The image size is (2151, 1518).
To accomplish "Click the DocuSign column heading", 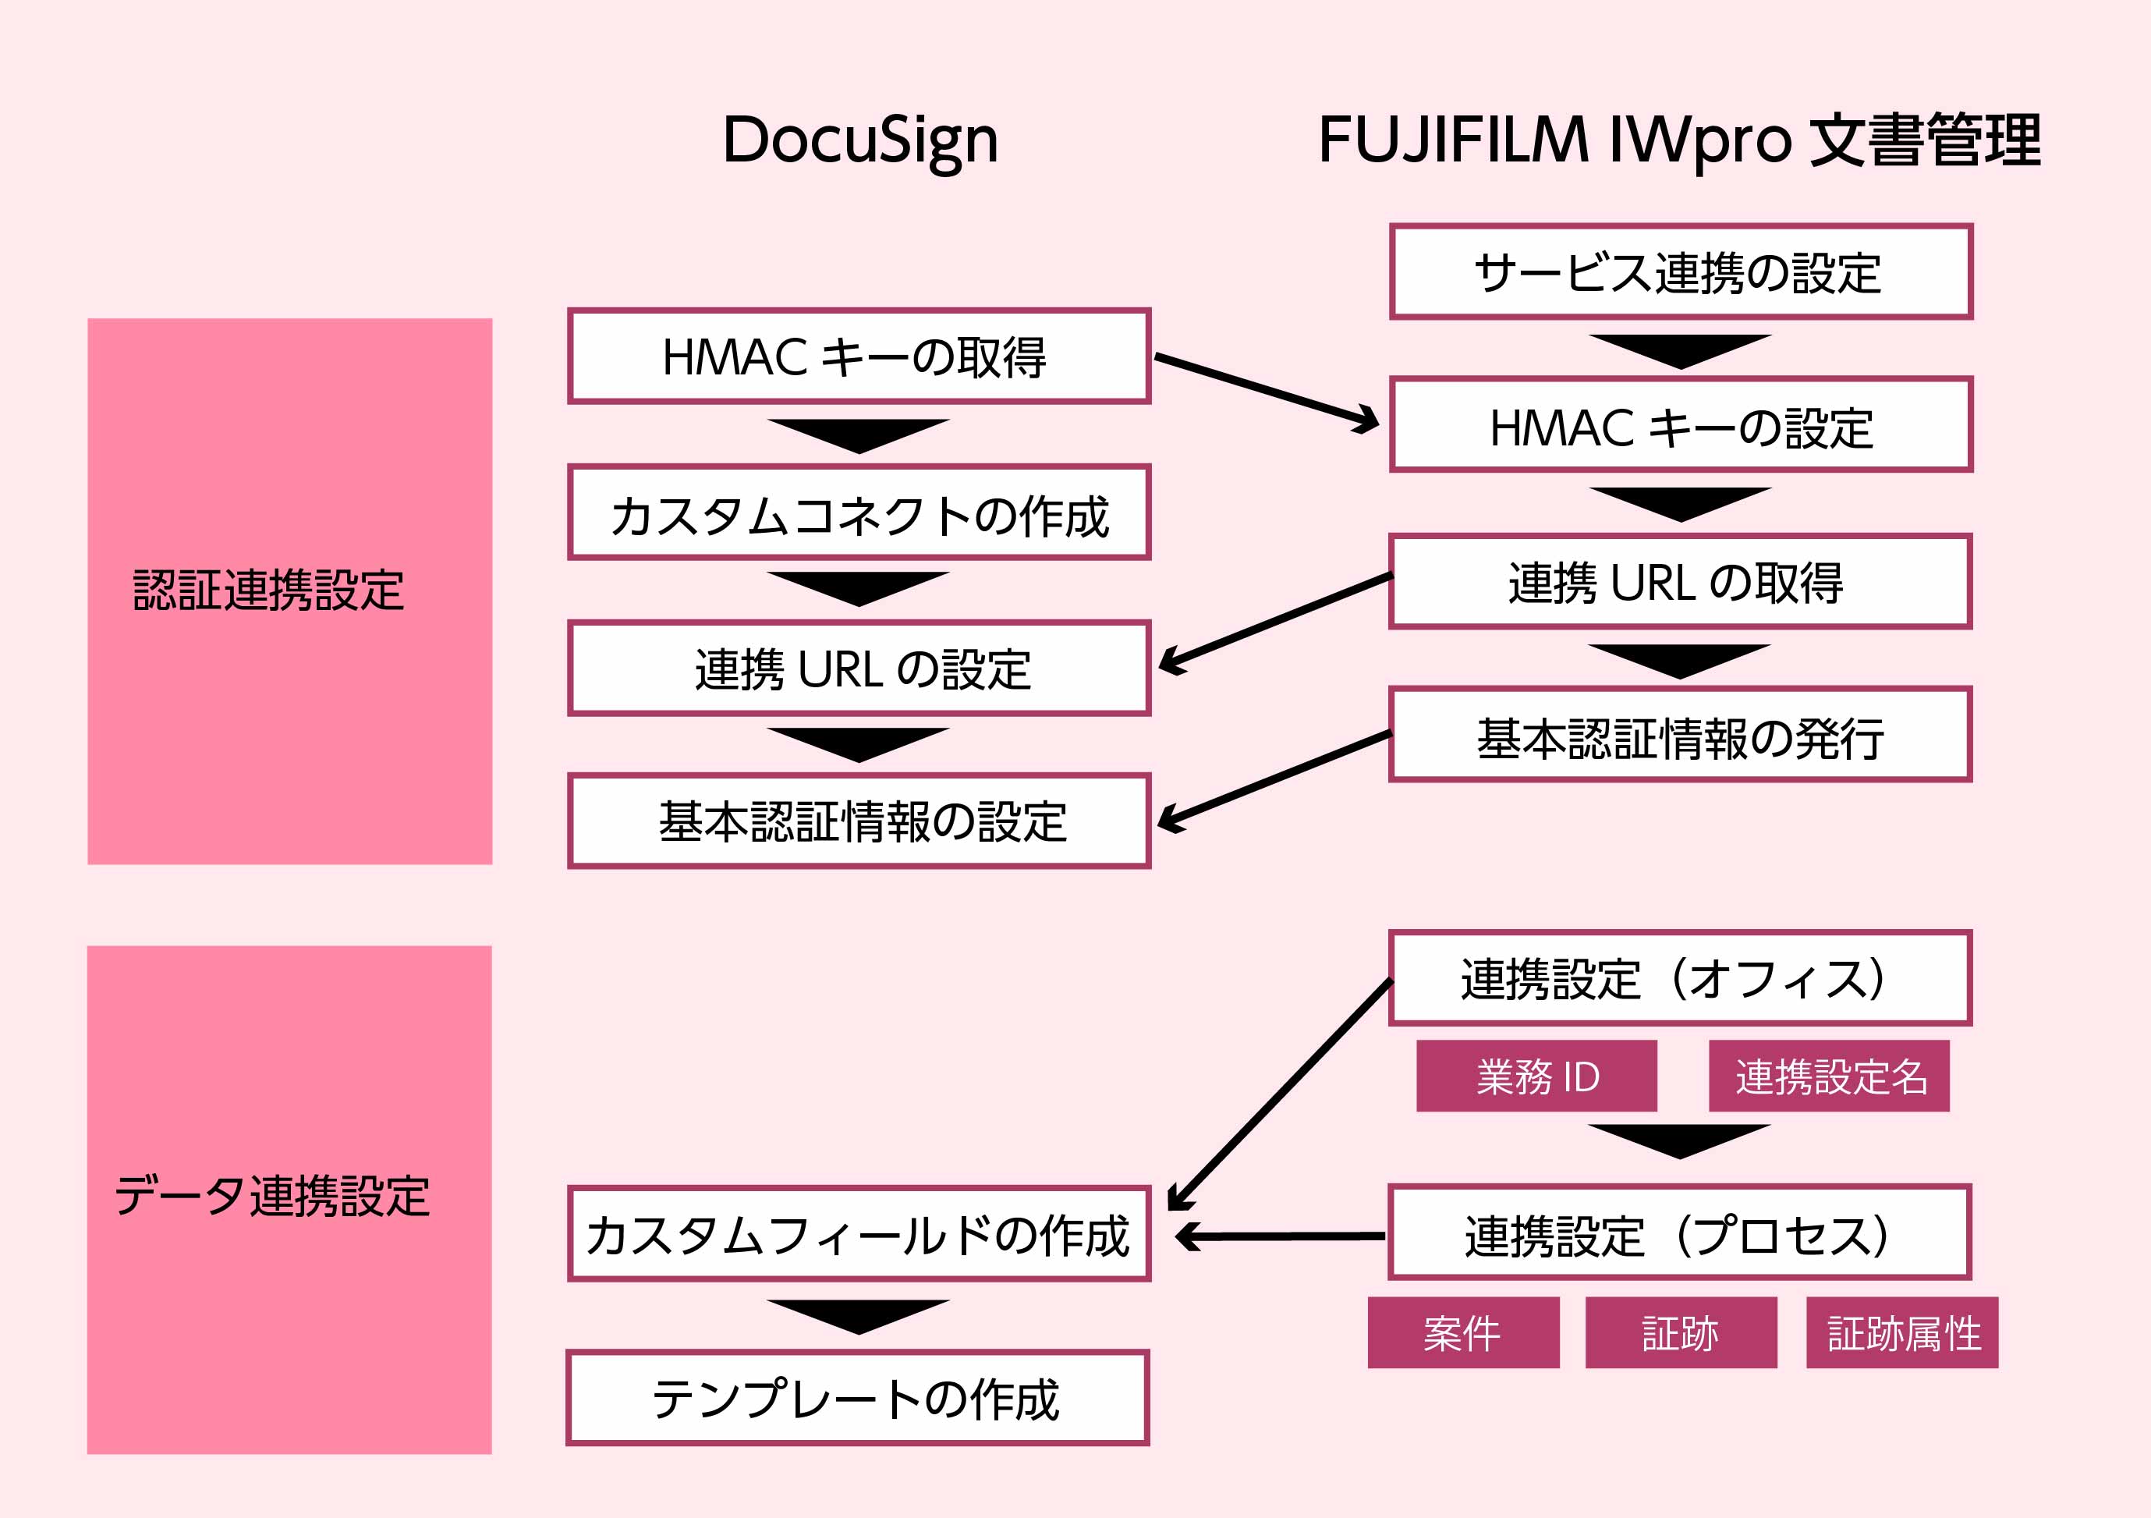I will point(860,140).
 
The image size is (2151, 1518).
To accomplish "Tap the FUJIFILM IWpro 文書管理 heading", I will point(1679,140).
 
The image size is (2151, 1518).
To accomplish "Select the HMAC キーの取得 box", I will point(858,356).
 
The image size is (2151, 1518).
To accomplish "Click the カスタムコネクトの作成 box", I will point(858,513).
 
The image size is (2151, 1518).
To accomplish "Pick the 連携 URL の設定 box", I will point(858,668).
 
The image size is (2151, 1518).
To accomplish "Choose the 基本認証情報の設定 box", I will point(858,821).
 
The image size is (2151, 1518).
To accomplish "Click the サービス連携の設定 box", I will point(1681,271).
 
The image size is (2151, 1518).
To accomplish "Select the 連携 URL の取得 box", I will point(1680,581).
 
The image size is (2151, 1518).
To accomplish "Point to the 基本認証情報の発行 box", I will point(1680,735).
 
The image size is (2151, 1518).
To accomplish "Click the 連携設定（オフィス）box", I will point(1680,978).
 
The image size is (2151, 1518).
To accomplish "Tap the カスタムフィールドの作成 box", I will point(858,1234).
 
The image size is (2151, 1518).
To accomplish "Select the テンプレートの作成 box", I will point(857,1398).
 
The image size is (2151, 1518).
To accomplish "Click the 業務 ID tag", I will point(1536,1076).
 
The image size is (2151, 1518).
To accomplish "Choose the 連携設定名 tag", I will point(1829,1076).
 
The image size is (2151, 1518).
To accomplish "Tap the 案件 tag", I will point(1463,1332).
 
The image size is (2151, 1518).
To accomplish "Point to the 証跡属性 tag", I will point(1901,1332).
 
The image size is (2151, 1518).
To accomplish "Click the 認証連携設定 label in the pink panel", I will point(269,591).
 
